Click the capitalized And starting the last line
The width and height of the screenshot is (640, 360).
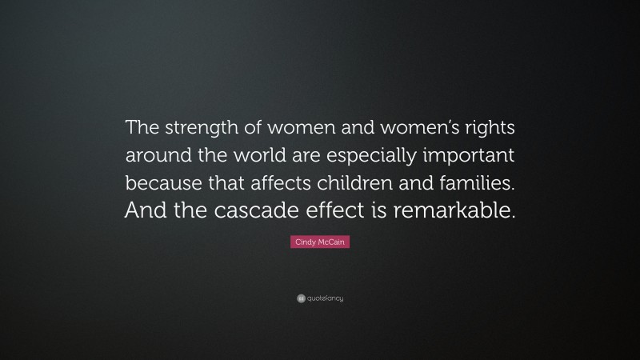[143, 210]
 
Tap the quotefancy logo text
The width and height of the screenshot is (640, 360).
[326, 298]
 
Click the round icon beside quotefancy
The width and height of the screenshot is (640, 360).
[301, 298]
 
